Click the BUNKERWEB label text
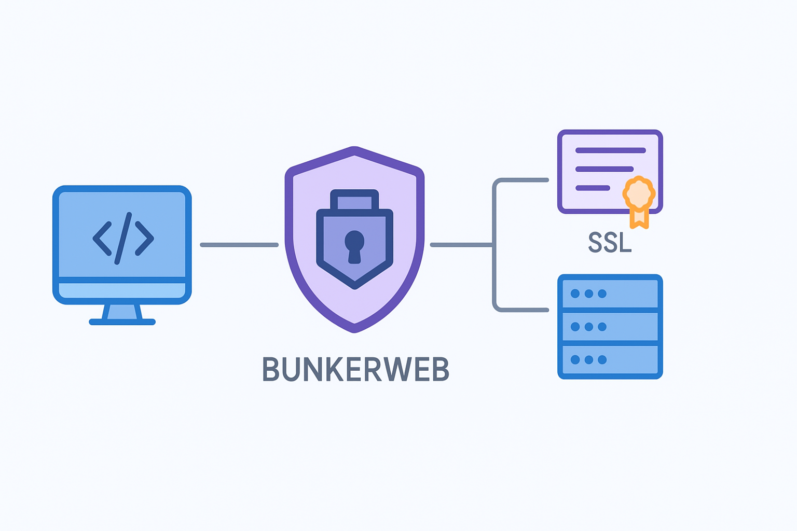355,369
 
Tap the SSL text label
610,242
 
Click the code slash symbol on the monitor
123,238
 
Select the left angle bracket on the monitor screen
102,239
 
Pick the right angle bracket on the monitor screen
144,239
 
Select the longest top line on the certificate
610,150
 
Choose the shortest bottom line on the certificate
593,188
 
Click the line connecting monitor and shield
239,245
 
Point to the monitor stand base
122,322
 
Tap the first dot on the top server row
575,294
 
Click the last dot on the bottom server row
602,360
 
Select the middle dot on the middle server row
588,327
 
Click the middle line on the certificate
604,169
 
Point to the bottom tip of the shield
354,330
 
